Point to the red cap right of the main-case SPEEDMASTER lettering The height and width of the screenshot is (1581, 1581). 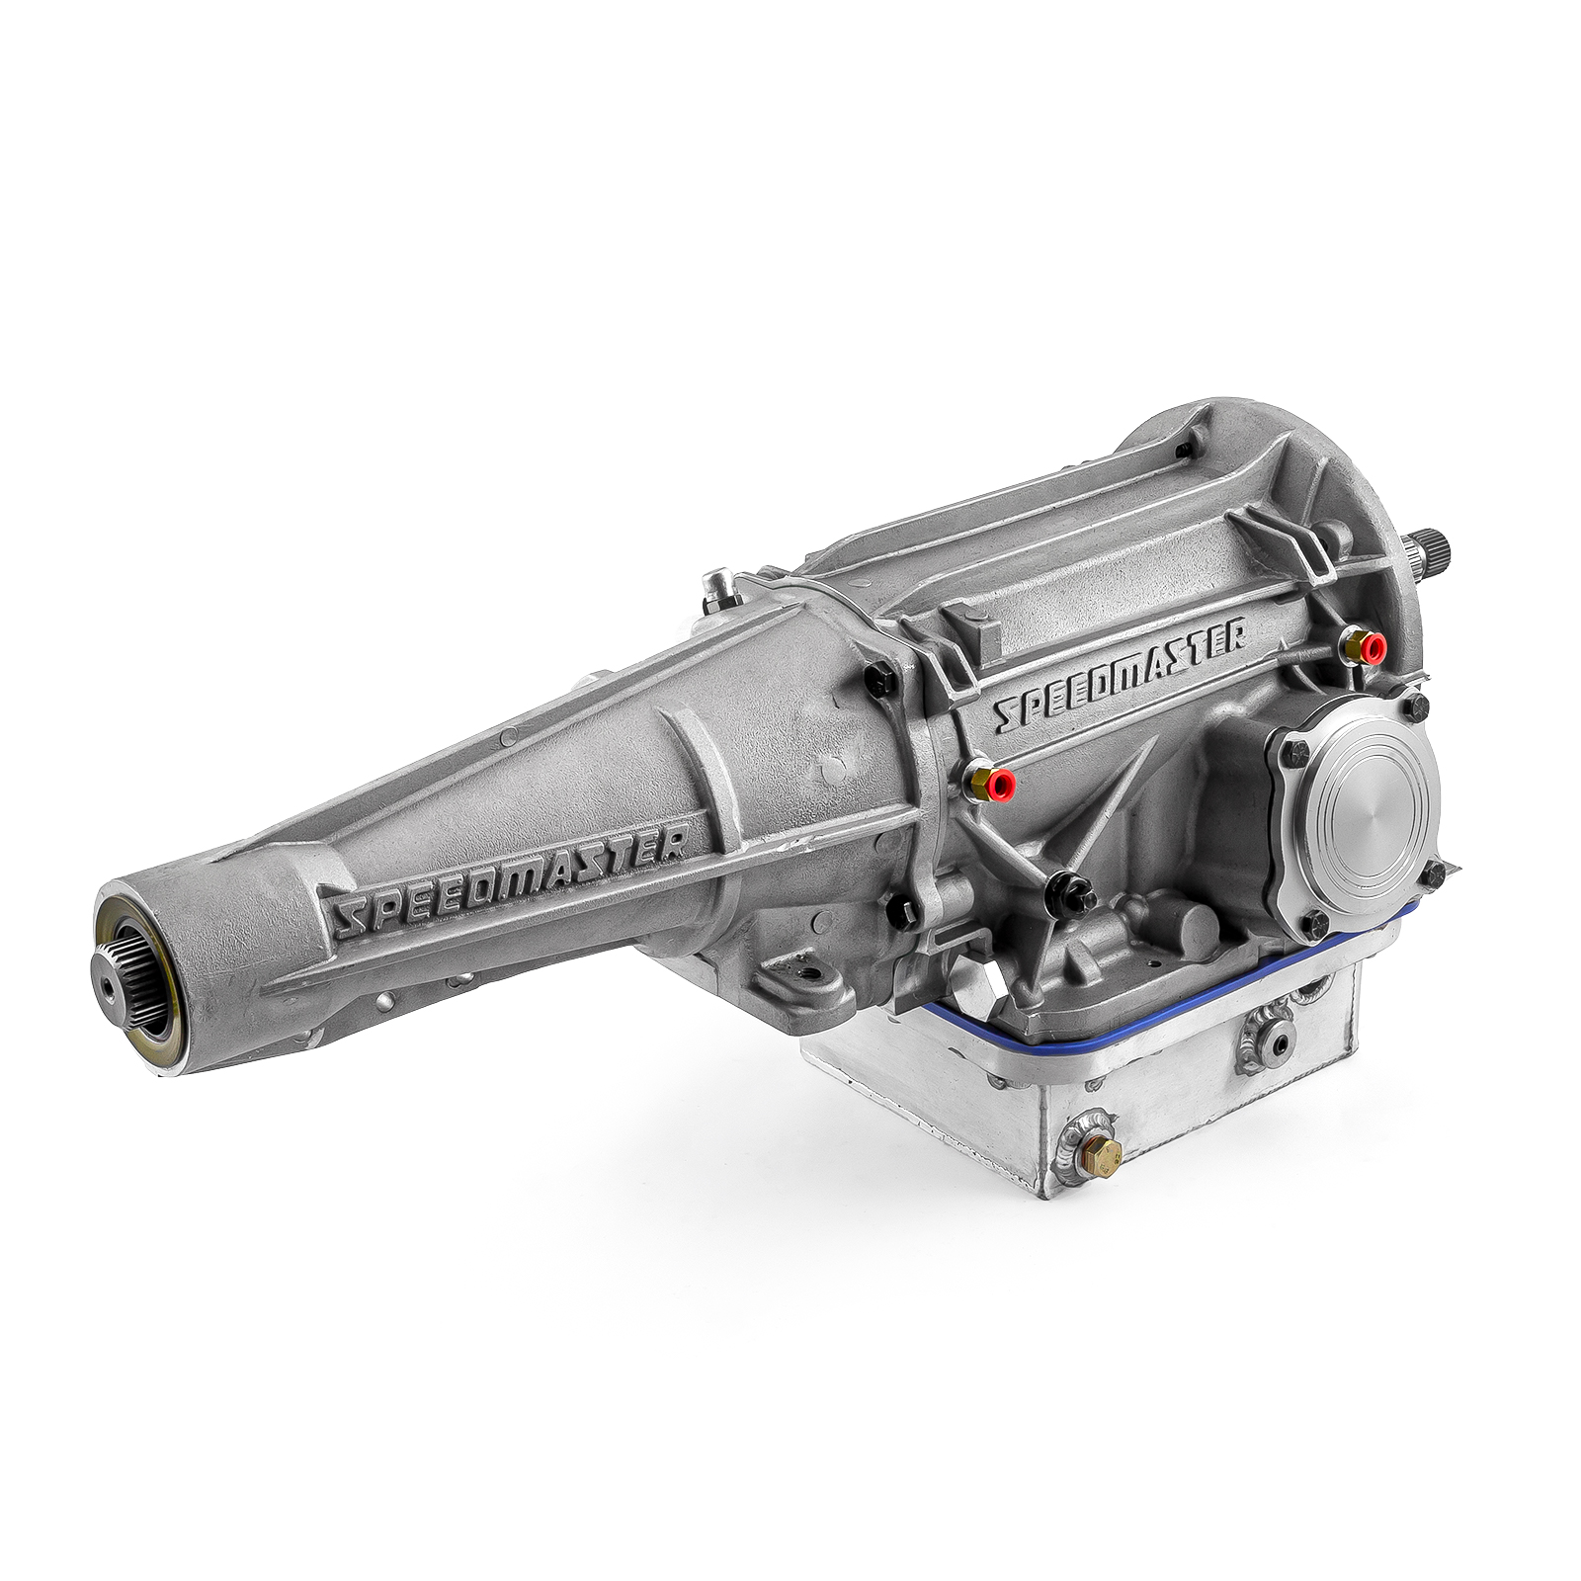click(x=1373, y=647)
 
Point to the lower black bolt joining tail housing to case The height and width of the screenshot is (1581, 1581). click(x=901, y=910)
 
